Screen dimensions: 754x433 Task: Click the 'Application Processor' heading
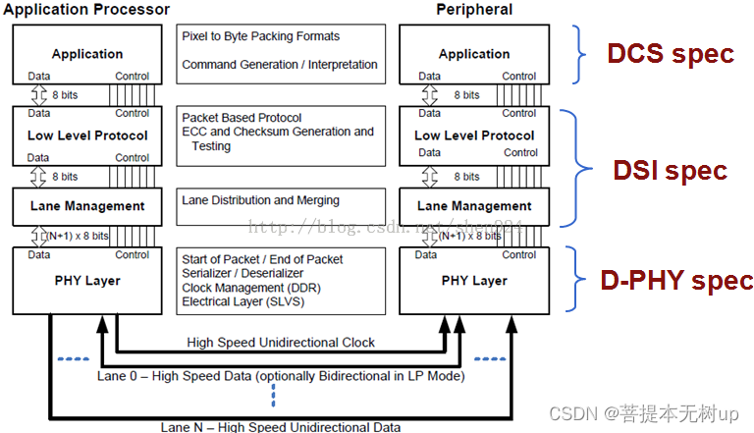click(86, 10)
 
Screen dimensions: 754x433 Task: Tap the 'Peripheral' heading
click(474, 10)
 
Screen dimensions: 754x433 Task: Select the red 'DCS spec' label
click(671, 53)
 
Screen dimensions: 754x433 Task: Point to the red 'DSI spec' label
click(670, 170)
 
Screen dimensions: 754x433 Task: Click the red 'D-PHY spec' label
click(676, 280)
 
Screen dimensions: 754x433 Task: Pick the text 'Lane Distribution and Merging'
click(260, 200)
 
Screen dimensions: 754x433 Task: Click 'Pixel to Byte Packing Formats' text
click(260, 36)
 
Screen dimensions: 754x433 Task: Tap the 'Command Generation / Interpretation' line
click(280, 65)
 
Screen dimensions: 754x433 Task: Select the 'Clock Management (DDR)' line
click(251, 288)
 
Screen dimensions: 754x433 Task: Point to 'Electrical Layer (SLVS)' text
click(242, 301)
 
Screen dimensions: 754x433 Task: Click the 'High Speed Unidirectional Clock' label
click(281, 342)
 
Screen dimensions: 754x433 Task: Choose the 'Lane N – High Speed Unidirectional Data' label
click(281, 427)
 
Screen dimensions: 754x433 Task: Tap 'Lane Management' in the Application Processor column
click(87, 206)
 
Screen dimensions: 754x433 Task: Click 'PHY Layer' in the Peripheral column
click(474, 281)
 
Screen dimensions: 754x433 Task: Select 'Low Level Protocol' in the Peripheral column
click(474, 135)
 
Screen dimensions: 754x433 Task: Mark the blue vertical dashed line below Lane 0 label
click(273, 396)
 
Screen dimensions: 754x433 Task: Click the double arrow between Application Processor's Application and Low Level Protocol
click(38, 95)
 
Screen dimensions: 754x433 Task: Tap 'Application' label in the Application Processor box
click(87, 54)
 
